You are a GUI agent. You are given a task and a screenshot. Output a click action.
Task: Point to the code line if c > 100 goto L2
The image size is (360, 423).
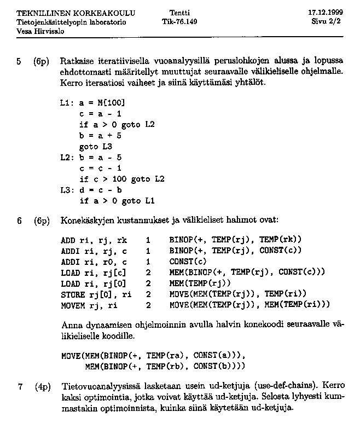[121, 179]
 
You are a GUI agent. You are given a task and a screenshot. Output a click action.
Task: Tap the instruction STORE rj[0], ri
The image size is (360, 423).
[96, 293]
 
